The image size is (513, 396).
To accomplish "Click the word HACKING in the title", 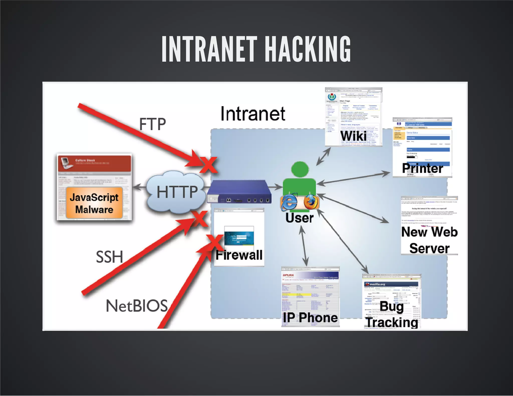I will click(308, 49).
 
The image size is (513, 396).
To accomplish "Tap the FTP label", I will click(152, 124).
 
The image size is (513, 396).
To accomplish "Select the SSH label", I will click(109, 257).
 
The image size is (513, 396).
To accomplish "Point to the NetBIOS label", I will click(137, 306).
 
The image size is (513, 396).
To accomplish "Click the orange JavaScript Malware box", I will click(94, 203).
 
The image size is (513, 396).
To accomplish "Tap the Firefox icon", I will click(311, 202).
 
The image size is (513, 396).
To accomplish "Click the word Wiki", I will click(353, 136).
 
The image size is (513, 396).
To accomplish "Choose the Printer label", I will click(422, 168).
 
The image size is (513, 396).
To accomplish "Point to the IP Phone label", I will click(310, 317).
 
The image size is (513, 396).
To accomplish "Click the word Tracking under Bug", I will click(392, 322).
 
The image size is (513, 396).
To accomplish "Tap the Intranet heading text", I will click(253, 114).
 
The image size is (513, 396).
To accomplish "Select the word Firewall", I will click(239, 255).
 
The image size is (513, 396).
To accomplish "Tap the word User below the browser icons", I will click(300, 218).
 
